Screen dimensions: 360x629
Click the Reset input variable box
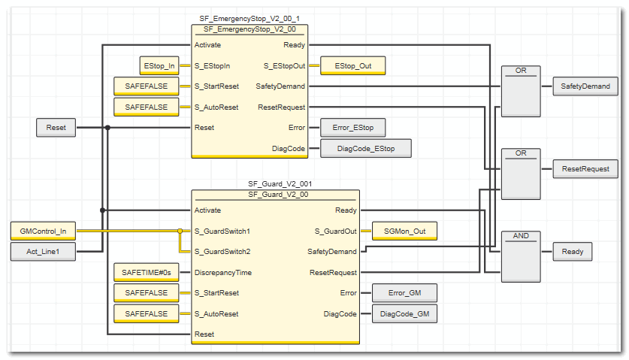coord(56,128)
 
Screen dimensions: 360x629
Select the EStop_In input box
coord(159,66)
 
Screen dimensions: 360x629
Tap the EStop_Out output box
coord(352,66)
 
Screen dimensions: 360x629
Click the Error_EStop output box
coord(352,128)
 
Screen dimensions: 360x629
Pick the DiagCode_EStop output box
coord(365,149)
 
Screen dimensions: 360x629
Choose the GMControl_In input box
coord(44,231)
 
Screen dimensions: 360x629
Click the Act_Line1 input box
coord(44,252)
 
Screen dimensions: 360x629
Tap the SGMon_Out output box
coord(404,231)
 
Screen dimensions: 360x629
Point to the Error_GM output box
coord(404,293)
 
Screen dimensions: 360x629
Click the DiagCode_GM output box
coord(404,313)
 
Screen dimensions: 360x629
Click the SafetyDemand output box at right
coord(585,86)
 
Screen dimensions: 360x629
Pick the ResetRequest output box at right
coord(585,169)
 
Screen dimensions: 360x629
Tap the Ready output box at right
coord(573,252)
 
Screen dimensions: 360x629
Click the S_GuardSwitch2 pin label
coord(222,252)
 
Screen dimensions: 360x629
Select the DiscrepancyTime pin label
coord(223,272)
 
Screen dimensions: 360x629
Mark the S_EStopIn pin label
coord(212,66)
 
